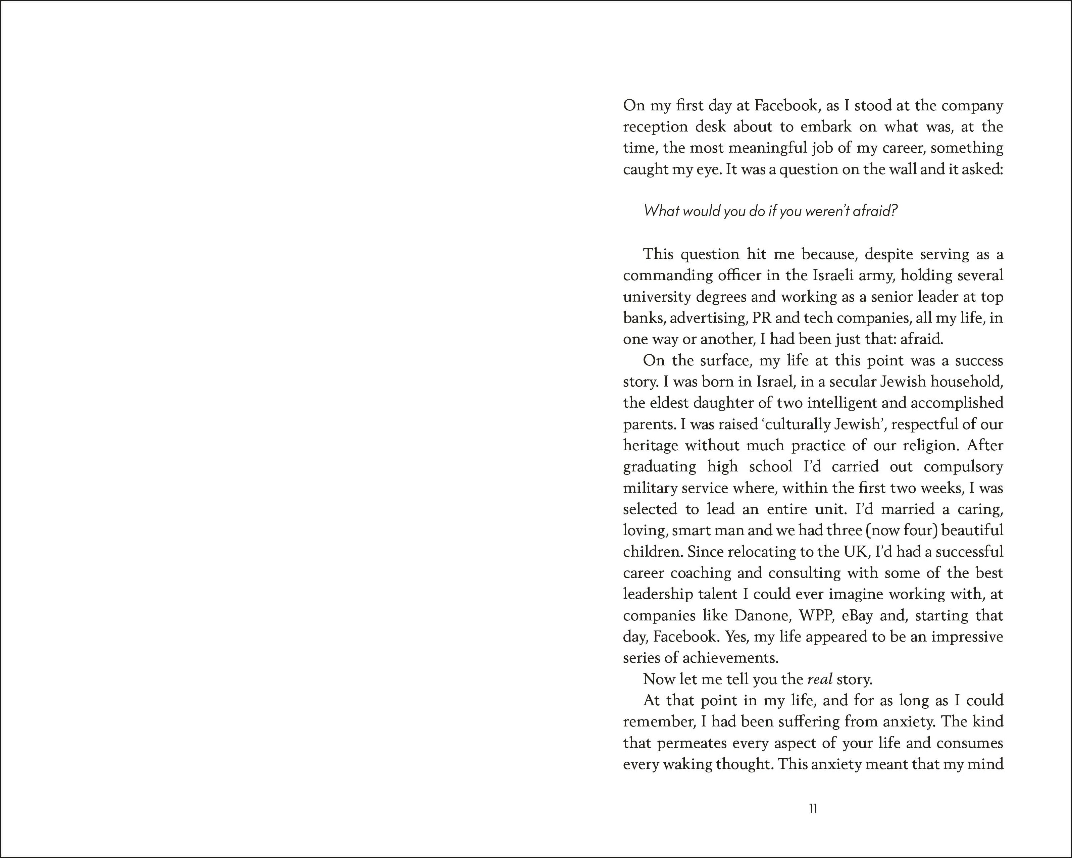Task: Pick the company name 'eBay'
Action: [x=857, y=616]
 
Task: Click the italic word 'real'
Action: [x=819, y=679]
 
